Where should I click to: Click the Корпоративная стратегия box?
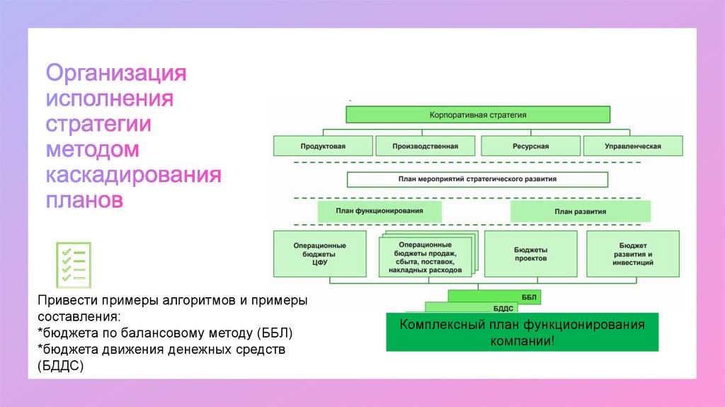coord(478,114)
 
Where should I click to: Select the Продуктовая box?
coord(323,146)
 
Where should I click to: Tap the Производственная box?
coord(426,146)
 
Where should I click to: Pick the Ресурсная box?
coord(530,146)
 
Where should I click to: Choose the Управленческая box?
coord(633,146)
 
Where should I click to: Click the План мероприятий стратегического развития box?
coord(478,179)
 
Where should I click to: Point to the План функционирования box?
coord(379,211)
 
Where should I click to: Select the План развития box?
coord(580,211)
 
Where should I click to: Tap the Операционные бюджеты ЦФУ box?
coord(320,253)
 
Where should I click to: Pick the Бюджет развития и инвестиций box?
coord(633,253)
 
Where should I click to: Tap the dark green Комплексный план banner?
coord(522,332)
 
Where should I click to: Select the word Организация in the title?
coord(116,73)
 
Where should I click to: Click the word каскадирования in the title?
coord(134,174)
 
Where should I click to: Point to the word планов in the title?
coord(85,200)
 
